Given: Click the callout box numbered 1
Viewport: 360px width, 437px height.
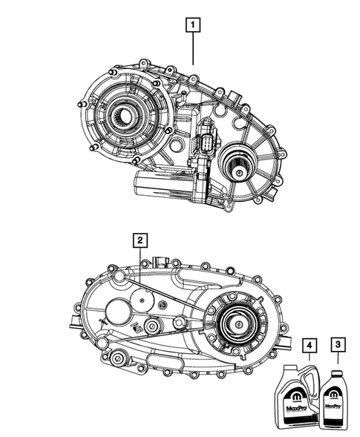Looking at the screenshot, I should pyautogui.click(x=192, y=27).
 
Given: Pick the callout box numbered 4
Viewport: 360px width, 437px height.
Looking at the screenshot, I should pyautogui.click(x=307, y=344).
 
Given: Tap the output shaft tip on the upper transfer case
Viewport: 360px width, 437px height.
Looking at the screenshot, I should pyautogui.click(x=241, y=173).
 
